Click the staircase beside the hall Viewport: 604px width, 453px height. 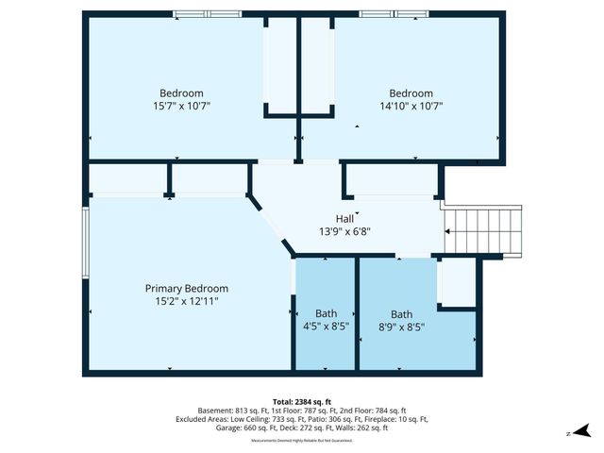coord(483,231)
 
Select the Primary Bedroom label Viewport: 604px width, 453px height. coord(186,289)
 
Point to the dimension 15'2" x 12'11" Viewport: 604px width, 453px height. coord(186,301)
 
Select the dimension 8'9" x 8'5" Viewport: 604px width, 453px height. coord(402,327)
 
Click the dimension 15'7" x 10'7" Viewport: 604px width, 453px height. coord(181,106)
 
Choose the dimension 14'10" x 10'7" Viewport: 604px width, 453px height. coord(411,106)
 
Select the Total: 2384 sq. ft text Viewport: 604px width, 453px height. coord(301,401)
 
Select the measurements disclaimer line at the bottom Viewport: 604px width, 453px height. coord(301,440)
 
